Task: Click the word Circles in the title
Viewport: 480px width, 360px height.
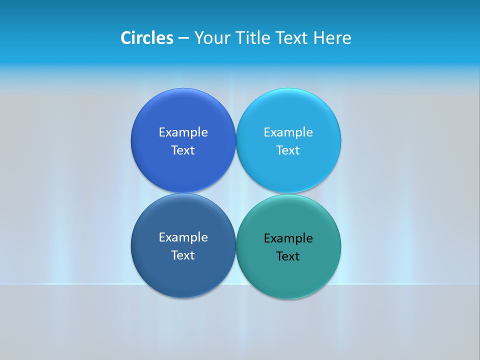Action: tap(147, 38)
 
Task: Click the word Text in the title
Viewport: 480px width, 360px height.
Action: tap(292, 38)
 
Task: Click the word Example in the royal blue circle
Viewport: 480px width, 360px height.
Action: tap(183, 132)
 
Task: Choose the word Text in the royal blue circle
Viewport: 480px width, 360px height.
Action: tap(183, 150)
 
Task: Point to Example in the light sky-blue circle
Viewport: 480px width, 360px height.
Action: tap(288, 132)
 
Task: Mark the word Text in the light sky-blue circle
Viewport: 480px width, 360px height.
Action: tap(288, 150)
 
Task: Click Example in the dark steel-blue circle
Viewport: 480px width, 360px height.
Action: tap(183, 237)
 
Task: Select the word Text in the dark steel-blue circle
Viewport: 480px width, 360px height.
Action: tap(183, 255)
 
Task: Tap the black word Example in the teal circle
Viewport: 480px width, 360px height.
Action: tap(288, 238)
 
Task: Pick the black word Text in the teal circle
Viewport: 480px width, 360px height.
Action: tap(288, 256)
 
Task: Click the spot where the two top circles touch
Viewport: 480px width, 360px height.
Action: tap(235, 140)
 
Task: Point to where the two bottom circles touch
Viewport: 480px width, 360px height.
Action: tap(235, 246)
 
